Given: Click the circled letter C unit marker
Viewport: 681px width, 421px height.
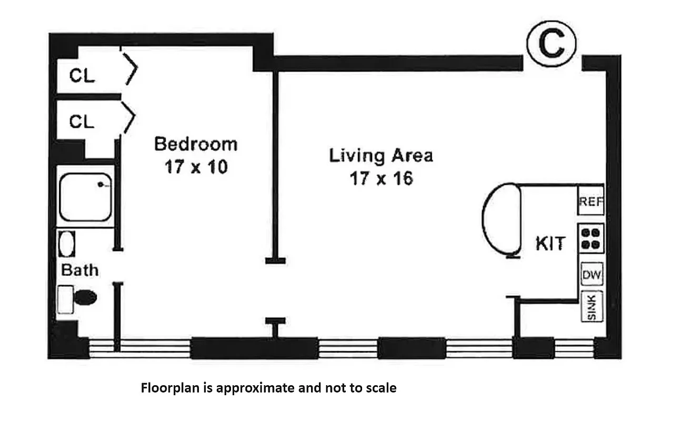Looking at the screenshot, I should (551, 45).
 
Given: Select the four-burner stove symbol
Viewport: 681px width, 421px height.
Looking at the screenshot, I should (591, 238).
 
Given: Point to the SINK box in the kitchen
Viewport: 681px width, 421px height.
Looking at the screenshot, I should (591, 307).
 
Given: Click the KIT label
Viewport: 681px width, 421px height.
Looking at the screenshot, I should (550, 244).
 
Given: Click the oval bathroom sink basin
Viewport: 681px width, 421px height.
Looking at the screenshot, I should (66, 244).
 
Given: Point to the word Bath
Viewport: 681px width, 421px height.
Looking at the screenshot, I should (79, 270).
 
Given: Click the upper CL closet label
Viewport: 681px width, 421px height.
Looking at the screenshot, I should (82, 76).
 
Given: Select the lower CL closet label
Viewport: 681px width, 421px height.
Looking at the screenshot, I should (82, 122).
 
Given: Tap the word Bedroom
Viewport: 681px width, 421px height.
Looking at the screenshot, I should (195, 144).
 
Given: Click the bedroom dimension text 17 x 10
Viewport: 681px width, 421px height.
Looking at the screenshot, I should (195, 167).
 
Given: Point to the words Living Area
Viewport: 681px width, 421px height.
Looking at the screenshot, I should (381, 156).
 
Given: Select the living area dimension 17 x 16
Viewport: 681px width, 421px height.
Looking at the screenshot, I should (381, 179).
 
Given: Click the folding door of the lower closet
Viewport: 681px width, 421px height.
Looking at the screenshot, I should (129, 116).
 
